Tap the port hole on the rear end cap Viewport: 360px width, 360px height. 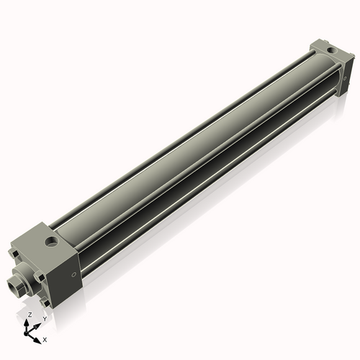(330, 50)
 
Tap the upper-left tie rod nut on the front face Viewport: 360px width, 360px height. (15, 253)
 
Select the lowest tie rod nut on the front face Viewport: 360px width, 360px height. (45, 298)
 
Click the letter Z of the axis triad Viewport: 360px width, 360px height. (29, 315)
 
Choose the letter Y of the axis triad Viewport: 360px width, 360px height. (45, 318)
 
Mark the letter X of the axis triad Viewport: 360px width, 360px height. (45, 338)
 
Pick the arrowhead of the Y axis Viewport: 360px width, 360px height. (37, 325)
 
